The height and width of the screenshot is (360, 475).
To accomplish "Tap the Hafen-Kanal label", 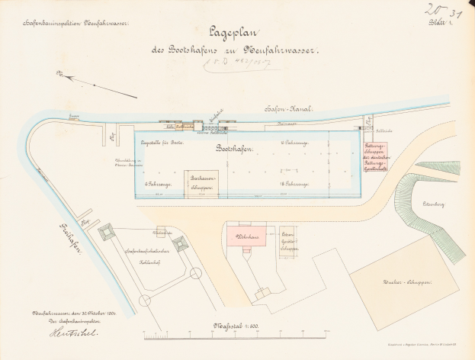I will click(x=284, y=109).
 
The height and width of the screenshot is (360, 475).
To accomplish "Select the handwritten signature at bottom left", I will click(x=50, y=330).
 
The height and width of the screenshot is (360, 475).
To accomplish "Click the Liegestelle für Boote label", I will click(x=165, y=143).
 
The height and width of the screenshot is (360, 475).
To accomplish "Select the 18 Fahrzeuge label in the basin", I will click(x=294, y=184).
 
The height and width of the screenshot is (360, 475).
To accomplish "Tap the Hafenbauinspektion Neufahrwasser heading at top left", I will click(x=76, y=24).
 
